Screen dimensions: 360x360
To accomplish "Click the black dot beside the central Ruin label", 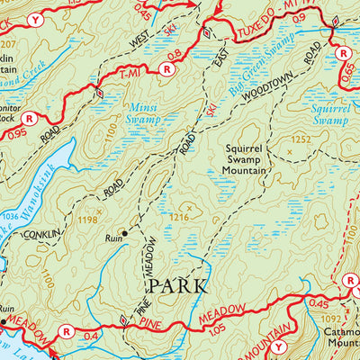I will click(124, 232).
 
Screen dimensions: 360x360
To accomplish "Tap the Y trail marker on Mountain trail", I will click(278, 346).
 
